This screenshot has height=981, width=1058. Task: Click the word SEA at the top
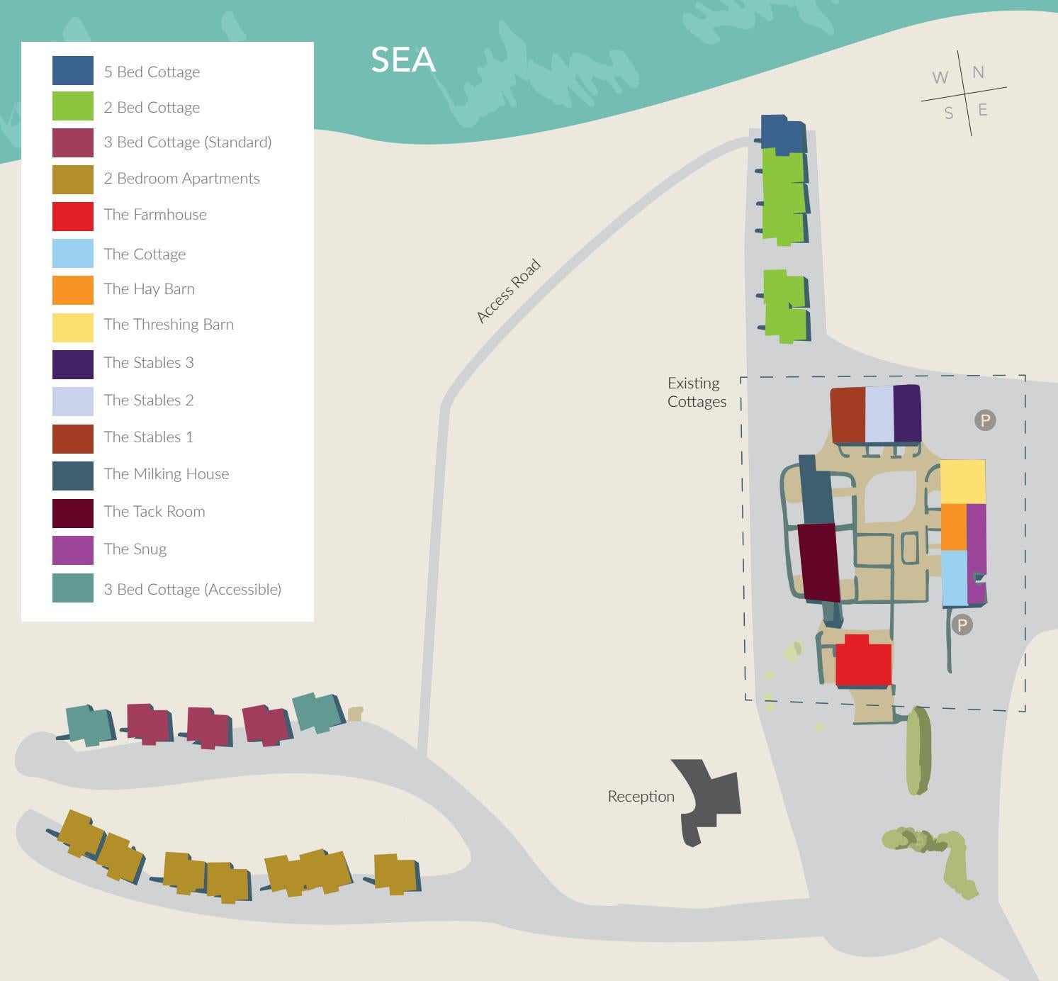click(403, 60)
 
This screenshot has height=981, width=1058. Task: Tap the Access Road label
click(508, 291)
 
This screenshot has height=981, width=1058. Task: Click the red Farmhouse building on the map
click(862, 662)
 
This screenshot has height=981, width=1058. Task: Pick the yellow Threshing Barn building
click(962, 481)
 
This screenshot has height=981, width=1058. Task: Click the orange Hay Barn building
click(953, 527)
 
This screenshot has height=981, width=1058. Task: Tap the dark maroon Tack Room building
click(818, 562)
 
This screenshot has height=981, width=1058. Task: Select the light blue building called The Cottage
click(954, 578)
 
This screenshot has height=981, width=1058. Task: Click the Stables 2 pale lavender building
click(879, 415)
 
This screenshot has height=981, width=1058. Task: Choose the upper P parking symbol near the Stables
click(984, 420)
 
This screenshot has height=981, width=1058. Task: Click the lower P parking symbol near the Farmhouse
click(962, 625)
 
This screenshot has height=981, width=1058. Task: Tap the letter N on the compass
click(978, 72)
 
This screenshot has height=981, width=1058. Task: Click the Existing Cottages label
click(697, 392)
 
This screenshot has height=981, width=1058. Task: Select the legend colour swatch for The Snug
click(73, 550)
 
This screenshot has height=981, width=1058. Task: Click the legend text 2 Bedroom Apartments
click(181, 179)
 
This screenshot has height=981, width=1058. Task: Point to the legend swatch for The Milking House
click(73, 476)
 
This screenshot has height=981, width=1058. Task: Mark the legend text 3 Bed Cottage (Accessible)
click(192, 589)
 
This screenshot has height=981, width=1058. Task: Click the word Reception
click(641, 797)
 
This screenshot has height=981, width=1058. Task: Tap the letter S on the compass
click(948, 113)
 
